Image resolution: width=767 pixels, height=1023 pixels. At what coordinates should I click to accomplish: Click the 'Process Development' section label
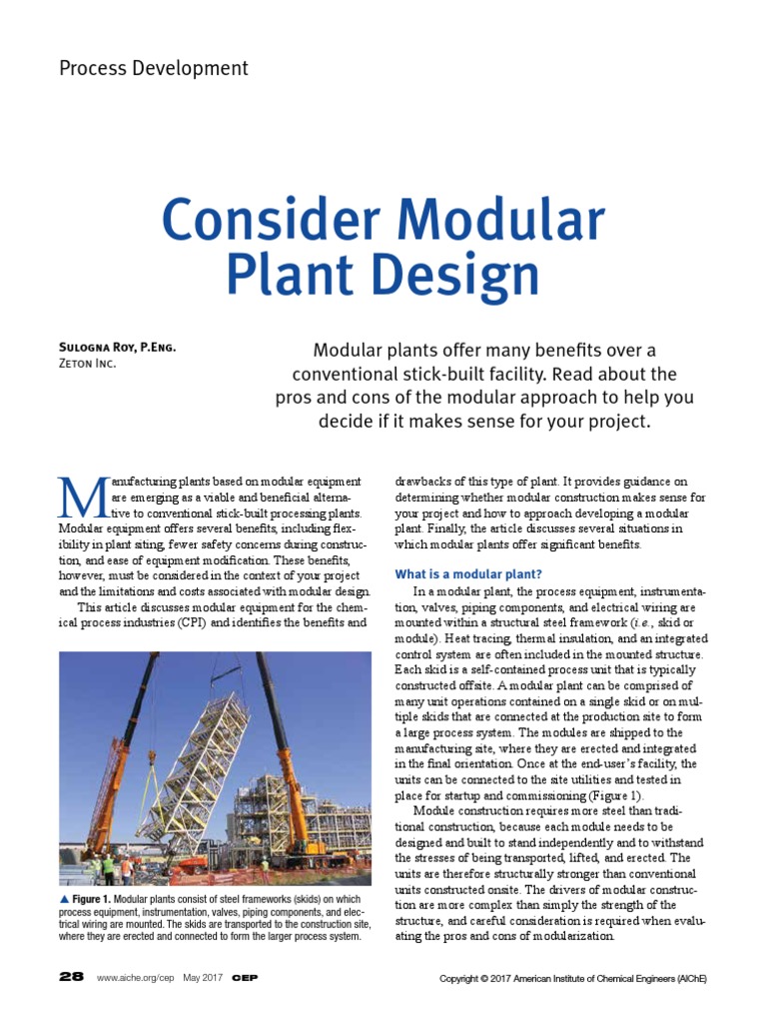pos(154,68)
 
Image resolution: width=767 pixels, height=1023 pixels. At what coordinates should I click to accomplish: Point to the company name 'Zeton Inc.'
pos(88,364)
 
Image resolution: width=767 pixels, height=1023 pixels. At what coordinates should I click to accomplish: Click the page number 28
pos(71,977)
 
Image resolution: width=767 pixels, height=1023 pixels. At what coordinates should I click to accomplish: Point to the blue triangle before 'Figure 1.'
pos(64,900)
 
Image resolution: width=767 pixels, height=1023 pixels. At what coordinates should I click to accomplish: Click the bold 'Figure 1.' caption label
pos(91,900)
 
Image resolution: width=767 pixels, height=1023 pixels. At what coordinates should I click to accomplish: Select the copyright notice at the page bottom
pos(573,978)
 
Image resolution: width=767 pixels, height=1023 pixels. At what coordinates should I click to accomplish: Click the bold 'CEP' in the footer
pos(245,977)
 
